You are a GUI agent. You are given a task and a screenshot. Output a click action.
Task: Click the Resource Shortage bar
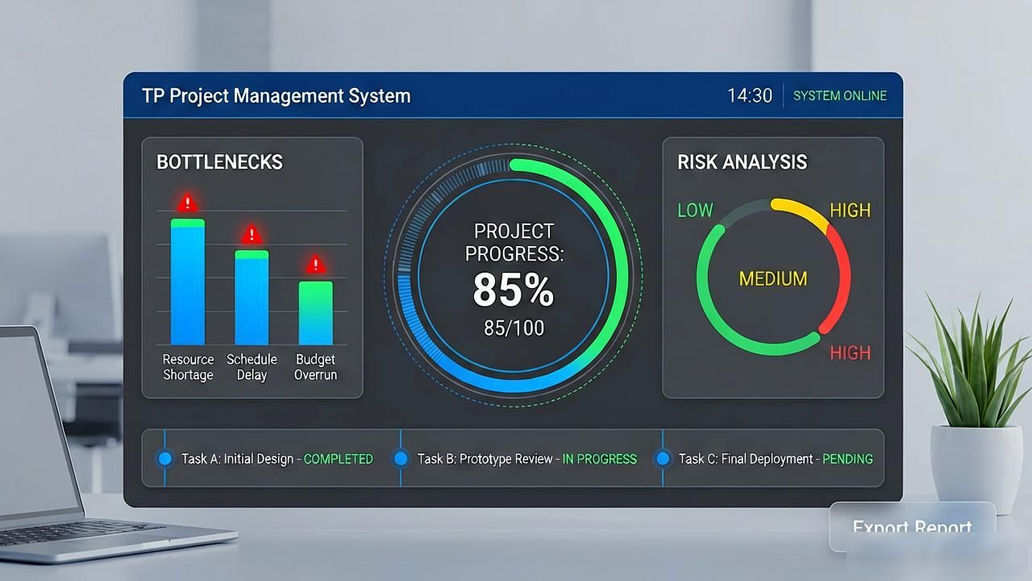188,282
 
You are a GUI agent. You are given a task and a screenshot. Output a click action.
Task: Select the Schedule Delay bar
252,298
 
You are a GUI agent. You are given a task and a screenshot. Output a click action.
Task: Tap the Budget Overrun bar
315,313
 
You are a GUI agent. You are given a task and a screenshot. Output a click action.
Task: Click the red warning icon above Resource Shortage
188,202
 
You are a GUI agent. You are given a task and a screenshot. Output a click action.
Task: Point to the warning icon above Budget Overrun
315,264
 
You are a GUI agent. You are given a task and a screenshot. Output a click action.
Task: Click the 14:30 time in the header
750,96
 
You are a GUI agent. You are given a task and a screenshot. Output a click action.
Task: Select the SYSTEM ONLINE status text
840,96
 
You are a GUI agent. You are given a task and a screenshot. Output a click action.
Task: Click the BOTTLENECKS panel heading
219,162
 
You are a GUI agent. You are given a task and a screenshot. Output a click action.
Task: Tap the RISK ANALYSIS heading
743,162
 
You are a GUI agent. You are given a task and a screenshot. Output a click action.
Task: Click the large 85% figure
514,290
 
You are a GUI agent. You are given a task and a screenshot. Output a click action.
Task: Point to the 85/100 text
514,328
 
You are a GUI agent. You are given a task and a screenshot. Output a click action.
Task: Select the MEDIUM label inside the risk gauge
773,278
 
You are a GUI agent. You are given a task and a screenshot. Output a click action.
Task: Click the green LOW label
695,211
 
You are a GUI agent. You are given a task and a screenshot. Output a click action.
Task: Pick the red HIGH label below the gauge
851,353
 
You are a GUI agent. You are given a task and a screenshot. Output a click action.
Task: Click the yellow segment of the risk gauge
801,211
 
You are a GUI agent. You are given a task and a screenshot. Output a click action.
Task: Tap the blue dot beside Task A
165,459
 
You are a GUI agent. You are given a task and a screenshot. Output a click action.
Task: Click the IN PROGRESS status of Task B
600,459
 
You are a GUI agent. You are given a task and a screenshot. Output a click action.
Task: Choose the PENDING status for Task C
847,459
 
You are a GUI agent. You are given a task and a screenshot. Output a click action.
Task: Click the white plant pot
976,468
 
